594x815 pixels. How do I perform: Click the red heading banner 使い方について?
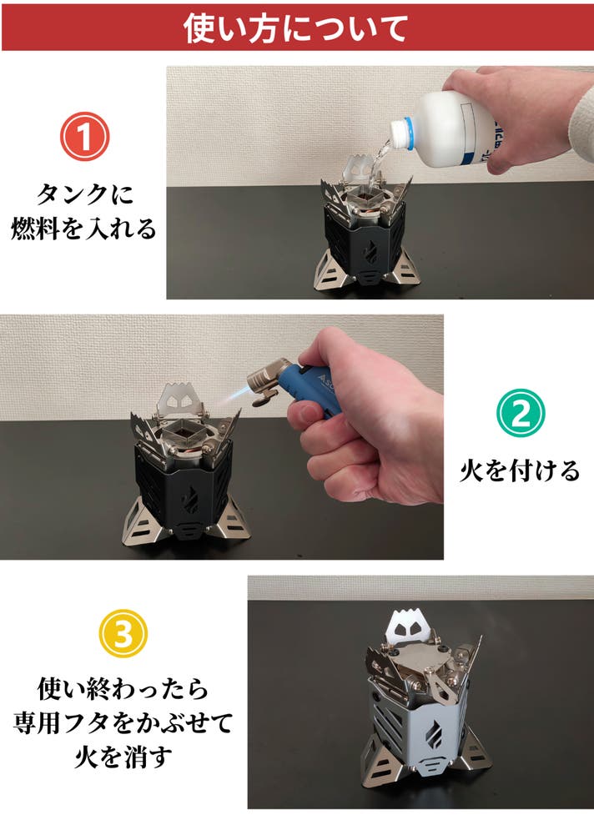click(297, 28)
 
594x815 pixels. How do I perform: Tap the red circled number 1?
click(85, 137)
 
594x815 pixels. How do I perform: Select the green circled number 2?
click(521, 412)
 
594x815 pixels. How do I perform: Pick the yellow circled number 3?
click(123, 634)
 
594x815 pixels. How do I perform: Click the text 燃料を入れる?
click(83, 229)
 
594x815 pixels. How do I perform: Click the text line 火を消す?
click(123, 757)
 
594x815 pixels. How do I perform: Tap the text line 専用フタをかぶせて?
click(123, 723)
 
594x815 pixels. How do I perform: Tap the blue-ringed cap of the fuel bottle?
click(402, 133)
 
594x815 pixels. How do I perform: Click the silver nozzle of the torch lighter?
click(264, 383)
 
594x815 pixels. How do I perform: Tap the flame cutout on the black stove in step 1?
click(372, 253)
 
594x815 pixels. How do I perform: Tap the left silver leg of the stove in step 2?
click(136, 522)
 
